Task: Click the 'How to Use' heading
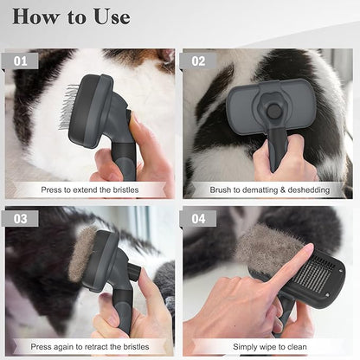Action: [71, 16]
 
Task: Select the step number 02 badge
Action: [201, 61]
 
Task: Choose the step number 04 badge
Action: [201, 219]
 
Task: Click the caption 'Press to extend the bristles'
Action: [89, 189]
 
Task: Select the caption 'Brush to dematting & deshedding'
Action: [269, 189]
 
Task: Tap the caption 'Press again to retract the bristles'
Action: [89, 345]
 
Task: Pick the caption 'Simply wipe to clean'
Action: [269, 345]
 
